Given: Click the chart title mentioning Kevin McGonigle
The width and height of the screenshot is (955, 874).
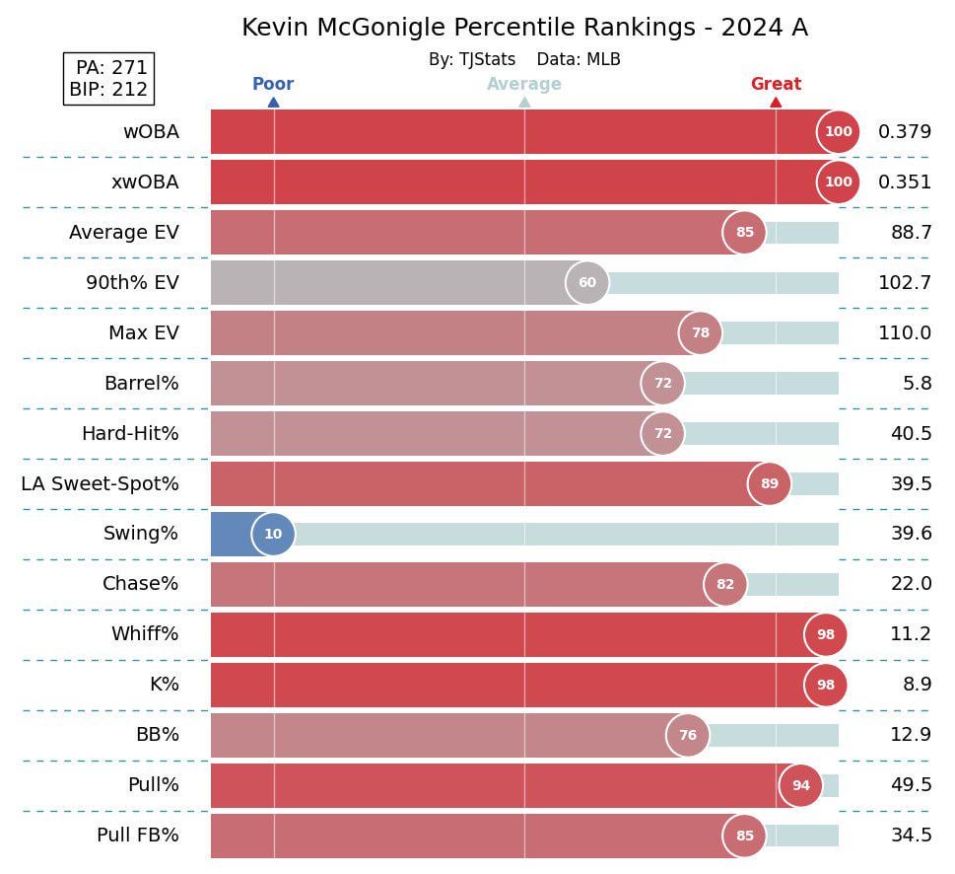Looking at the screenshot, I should point(524,28).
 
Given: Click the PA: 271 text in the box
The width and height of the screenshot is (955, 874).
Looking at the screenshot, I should point(111,67).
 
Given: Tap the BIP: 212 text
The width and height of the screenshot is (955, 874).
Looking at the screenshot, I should point(108,90).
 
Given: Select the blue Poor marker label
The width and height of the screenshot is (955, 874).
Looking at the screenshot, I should point(273,85).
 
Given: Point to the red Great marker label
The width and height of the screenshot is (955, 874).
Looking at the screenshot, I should point(776,85).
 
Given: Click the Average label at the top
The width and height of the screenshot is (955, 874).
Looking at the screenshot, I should point(524,85).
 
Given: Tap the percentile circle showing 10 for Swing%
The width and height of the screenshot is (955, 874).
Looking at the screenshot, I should point(273,534).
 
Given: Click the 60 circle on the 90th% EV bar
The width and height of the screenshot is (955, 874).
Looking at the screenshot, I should point(587,283).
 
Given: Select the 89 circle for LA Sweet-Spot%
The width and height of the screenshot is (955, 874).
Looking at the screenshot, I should point(769,483).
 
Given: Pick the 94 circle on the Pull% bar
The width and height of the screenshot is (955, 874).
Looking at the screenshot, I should point(800,785).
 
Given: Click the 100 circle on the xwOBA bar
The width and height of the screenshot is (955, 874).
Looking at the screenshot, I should point(838,182).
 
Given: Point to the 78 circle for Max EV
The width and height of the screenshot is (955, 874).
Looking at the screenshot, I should point(700,333).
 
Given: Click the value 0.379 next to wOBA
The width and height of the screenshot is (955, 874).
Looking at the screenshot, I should point(904,132).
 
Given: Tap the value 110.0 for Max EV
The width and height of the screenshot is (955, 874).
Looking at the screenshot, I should point(904,333).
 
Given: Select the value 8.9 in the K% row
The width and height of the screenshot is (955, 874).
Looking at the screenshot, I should point(916,685).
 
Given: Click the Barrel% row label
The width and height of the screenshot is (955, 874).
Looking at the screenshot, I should point(142,384).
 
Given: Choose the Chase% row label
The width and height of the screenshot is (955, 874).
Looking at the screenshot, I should point(141,584).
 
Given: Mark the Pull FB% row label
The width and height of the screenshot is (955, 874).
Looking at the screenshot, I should point(138,836).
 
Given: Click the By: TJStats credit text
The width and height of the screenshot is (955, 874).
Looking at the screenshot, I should point(472,60).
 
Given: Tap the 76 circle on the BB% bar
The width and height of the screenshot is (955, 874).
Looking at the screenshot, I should point(688,735).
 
